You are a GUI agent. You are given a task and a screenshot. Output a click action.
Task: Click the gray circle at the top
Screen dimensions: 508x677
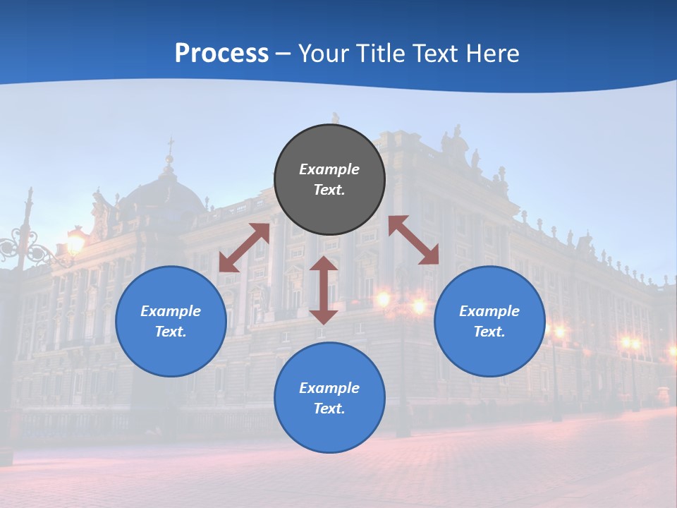(x=329, y=180)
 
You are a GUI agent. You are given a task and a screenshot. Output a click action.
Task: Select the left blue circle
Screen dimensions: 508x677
(x=171, y=321)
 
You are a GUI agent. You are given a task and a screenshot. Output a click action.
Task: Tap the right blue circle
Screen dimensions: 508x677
(x=489, y=321)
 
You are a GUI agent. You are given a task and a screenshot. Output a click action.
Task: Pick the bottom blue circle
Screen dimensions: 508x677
(x=329, y=398)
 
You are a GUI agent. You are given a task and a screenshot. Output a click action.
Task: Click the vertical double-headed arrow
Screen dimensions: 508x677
(x=324, y=290)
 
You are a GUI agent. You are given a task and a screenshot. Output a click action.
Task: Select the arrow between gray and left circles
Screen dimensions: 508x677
(x=244, y=247)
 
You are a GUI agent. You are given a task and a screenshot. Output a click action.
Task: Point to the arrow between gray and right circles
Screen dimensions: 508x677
(x=414, y=240)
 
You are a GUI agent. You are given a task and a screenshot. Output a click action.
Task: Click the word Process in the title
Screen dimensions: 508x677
(x=221, y=53)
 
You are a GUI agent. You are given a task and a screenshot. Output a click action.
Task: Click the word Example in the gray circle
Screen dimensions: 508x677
(x=329, y=169)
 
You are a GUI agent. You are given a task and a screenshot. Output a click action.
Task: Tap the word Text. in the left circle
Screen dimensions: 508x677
(x=171, y=332)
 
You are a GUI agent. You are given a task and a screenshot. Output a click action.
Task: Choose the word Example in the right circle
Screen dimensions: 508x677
(x=489, y=311)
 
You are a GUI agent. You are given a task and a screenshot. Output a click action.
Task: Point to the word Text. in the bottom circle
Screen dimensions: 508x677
(x=329, y=409)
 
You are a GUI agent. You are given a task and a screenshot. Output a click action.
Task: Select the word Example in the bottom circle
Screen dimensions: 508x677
(x=329, y=388)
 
